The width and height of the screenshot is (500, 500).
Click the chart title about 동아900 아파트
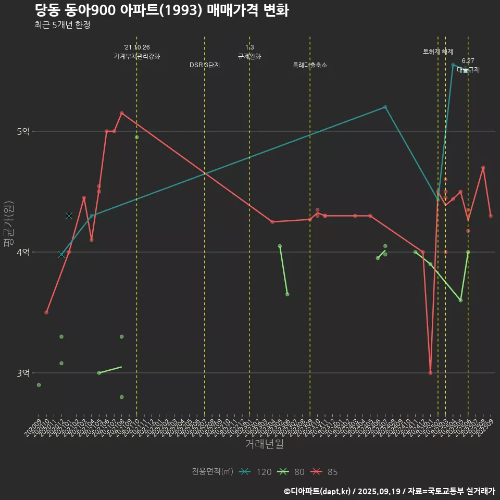[x=161, y=10]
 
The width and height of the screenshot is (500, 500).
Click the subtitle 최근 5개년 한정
[x=63, y=25]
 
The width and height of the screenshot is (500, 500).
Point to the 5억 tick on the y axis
[x=23, y=131]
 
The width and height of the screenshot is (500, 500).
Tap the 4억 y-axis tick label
[x=23, y=252]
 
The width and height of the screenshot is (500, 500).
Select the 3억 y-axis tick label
[x=23, y=373]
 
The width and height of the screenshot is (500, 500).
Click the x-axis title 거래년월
[x=264, y=444]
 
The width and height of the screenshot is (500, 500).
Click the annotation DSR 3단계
[x=205, y=65]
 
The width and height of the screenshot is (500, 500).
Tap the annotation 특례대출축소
[x=310, y=65]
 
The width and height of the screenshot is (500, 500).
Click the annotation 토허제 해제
[x=438, y=52]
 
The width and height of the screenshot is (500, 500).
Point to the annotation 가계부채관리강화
[x=137, y=56]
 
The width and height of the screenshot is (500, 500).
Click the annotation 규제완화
[x=249, y=56]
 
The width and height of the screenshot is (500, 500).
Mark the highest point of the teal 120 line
[x=453, y=65]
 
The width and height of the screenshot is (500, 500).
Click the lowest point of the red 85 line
[x=430, y=373]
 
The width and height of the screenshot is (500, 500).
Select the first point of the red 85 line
[x=46, y=312]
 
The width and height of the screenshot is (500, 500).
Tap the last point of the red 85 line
[x=491, y=216]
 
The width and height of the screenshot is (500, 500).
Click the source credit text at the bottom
[x=389, y=491]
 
